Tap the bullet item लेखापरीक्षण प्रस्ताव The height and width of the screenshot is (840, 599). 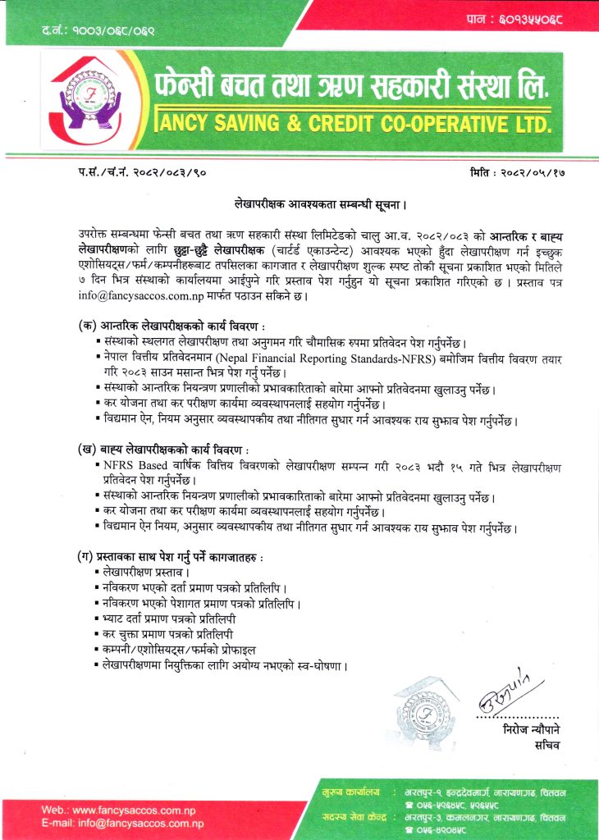click(x=148, y=571)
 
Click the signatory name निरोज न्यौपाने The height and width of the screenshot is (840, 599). click(x=533, y=729)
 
